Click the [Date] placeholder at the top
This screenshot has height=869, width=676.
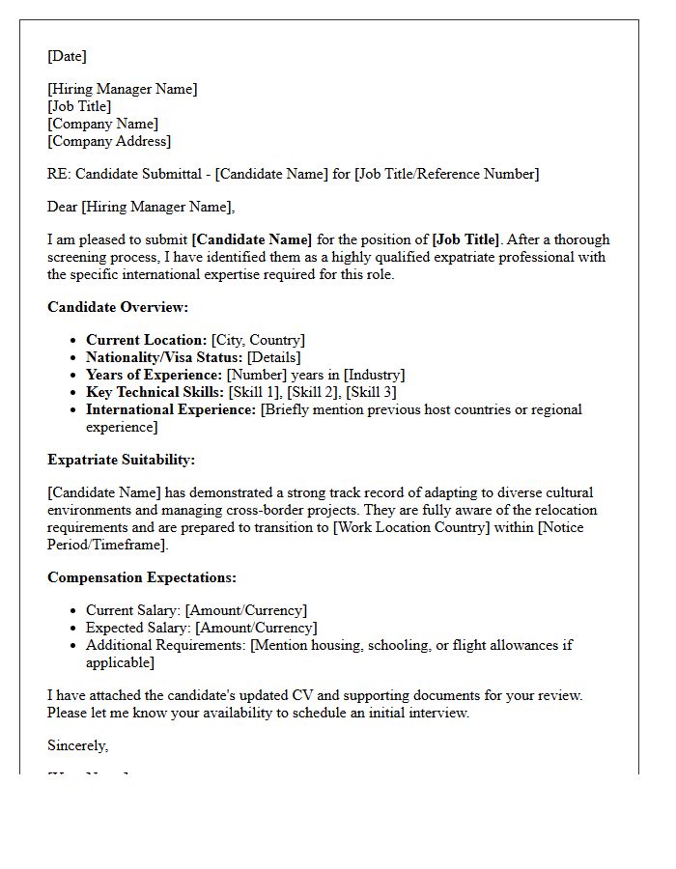(67, 56)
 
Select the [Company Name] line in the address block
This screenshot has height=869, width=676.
(102, 124)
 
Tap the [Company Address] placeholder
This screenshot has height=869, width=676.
(109, 141)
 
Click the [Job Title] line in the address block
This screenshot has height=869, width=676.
(79, 106)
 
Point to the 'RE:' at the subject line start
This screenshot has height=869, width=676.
(59, 174)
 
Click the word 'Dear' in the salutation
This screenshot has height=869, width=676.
(63, 207)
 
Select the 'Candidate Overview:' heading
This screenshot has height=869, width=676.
(118, 307)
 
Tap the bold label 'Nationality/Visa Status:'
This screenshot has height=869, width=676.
(164, 357)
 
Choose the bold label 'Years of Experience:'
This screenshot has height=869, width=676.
(154, 375)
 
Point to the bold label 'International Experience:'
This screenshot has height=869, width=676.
(171, 409)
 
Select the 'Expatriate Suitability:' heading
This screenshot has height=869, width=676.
(121, 460)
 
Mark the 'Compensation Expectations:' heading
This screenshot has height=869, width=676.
(142, 577)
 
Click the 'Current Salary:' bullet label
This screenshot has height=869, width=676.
(133, 610)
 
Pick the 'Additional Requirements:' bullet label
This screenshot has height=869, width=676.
(166, 645)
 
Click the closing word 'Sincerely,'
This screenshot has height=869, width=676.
(78, 745)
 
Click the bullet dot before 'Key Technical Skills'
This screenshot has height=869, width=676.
(74, 393)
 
